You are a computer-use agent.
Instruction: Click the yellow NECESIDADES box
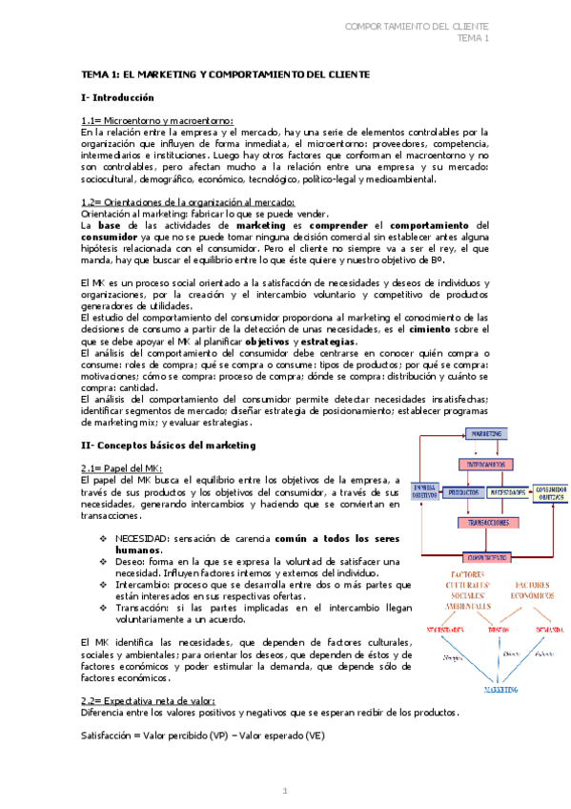coord(506,492)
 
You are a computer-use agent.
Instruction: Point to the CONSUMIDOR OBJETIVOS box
coord(549,492)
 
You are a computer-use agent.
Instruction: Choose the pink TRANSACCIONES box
coord(487,523)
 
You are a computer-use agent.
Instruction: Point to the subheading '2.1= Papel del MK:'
coord(124,467)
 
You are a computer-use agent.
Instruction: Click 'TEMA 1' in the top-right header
coord(473,38)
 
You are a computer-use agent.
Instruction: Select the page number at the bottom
coord(284,791)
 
